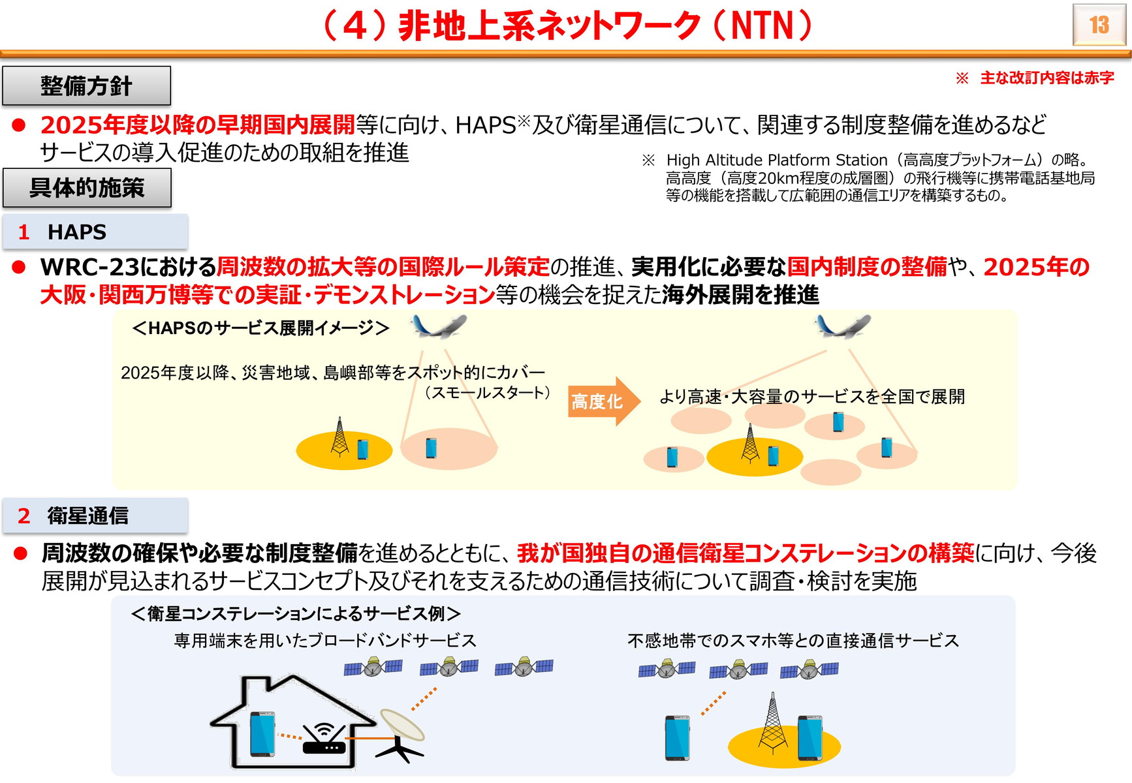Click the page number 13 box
click(1099, 25)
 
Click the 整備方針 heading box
click(86, 85)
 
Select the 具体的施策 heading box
click(87, 188)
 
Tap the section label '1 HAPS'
click(95, 232)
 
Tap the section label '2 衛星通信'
click(95, 515)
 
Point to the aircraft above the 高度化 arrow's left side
click(439, 326)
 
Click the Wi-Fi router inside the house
click(324, 739)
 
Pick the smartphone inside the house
click(262, 734)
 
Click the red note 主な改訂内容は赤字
click(1047, 78)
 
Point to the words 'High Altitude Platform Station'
click(777, 160)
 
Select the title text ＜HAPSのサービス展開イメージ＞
click(260, 328)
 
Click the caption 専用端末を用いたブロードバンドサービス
click(325, 641)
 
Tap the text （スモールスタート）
click(487, 393)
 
